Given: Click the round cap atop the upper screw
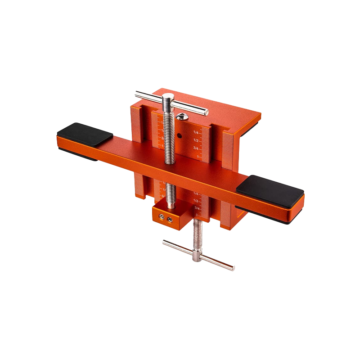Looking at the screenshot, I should pos(168,97).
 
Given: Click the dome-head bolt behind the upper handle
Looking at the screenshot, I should pos(181,117).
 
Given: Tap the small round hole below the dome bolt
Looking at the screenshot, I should pos(179,135).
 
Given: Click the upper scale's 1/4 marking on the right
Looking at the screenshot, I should pos(196,133).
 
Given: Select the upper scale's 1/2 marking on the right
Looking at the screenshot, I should pos(196,140).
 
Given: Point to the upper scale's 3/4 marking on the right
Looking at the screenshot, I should pos(196,148).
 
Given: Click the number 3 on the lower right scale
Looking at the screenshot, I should pos(197,216).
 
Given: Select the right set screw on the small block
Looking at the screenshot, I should pos(170,220).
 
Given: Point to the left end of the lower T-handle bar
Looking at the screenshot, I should pos(165,242).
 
